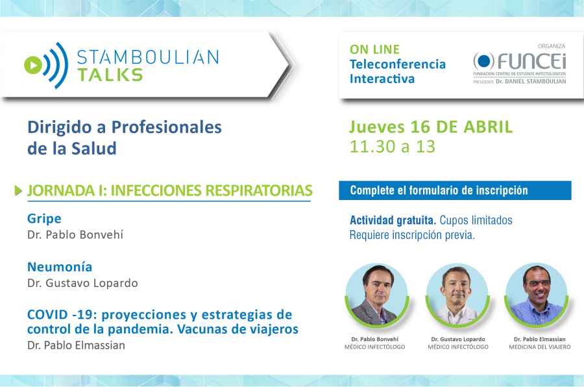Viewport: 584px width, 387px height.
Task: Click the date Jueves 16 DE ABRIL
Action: [x=430, y=126]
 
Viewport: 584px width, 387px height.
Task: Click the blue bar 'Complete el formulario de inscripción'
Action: [x=454, y=190]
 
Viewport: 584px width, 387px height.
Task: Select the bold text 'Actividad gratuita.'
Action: [x=392, y=220]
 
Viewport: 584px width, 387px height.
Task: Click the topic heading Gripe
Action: [x=44, y=218]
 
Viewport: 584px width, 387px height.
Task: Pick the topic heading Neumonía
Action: [x=60, y=266]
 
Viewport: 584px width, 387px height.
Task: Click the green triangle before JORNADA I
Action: [x=19, y=191]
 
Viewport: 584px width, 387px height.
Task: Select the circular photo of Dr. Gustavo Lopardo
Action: [x=457, y=294]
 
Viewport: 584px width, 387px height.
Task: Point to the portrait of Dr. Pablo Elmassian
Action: [x=536, y=294]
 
